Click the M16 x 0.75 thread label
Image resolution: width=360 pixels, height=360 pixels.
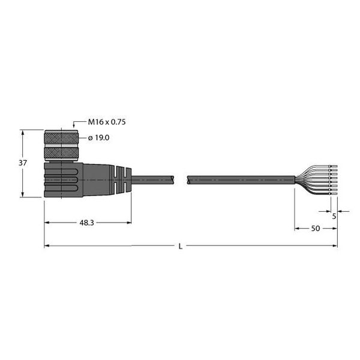tap(107, 122)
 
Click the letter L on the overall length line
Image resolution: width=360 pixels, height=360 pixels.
tap(180, 246)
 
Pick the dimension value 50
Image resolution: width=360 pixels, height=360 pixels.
tap(314, 229)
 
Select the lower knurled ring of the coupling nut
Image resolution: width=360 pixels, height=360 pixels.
tap(61, 153)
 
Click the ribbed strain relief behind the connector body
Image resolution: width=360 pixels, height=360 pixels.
tap(122, 179)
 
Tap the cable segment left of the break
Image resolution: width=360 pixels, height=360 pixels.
tap(153, 179)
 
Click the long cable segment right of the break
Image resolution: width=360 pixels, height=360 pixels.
tap(240, 179)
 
